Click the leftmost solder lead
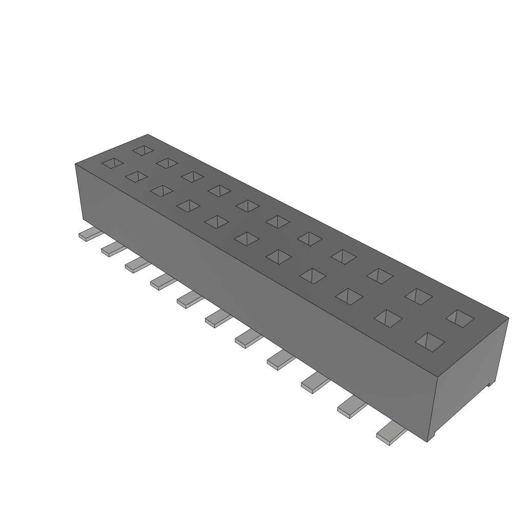click(88, 235)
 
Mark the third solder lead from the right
click(314, 381)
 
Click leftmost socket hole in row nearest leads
click(112, 163)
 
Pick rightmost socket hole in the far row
click(459, 317)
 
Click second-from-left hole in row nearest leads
click(135, 176)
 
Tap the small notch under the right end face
click(490, 383)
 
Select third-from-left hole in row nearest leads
click(161, 190)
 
